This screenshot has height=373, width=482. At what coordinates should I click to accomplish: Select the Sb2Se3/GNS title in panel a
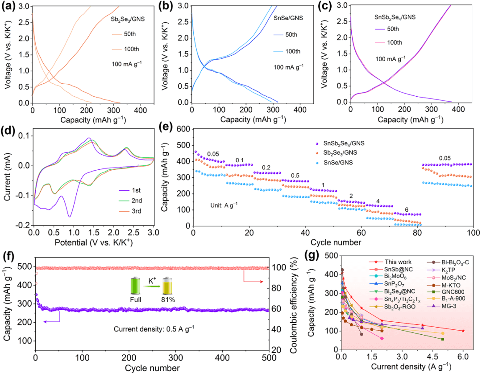tap(128, 19)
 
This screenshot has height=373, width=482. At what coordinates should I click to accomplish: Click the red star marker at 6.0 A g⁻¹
tap(463, 331)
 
